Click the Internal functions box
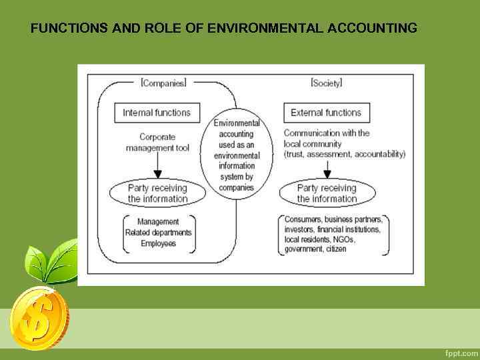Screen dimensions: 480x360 (x=157, y=113)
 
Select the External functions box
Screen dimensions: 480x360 (x=326, y=113)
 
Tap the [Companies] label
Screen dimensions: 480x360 (x=163, y=83)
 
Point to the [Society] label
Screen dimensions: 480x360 (x=326, y=83)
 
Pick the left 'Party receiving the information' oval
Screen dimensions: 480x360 (x=157, y=193)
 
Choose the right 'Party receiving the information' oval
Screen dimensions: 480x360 (x=327, y=193)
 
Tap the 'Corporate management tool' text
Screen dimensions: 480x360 (x=157, y=142)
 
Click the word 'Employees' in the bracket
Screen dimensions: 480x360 (x=158, y=243)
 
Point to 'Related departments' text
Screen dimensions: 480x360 (x=158, y=233)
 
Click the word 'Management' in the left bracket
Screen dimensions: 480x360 (x=158, y=222)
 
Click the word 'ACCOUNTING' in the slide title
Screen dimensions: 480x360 (x=372, y=29)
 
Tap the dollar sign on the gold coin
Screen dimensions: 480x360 (x=35, y=317)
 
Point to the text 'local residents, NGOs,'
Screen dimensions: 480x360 (x=320, y=239)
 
